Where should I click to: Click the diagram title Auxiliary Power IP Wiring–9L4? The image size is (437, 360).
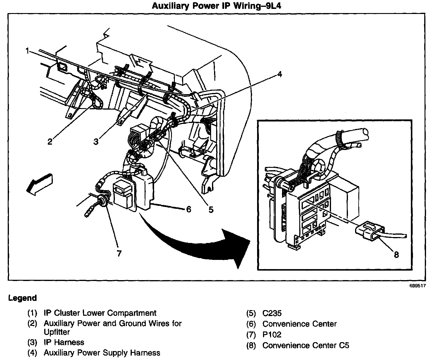coord(216,6)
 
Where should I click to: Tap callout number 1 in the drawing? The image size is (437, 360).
coord(27,51)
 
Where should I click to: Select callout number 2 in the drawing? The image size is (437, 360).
coord(50,142)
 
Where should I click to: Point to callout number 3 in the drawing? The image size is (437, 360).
coord(96,142)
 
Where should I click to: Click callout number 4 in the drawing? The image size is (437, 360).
coord(279,74)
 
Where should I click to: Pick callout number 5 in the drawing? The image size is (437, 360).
coord(211,210)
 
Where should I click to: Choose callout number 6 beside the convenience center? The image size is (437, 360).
coord(188,210)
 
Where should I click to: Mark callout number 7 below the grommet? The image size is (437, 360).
coord(119,253)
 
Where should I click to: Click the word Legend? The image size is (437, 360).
coord(23,298)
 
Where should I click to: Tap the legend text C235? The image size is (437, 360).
coord(272,313)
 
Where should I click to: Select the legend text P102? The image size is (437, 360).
coord(272,335)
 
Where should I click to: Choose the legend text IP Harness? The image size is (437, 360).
coord(64,342)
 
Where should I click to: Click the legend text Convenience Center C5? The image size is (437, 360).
coord(306,345)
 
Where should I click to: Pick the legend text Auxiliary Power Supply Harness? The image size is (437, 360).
coord(102,353)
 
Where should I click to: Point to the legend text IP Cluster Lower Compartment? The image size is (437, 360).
coord(100,313)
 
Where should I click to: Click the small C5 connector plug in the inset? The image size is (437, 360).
coord(370,230)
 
